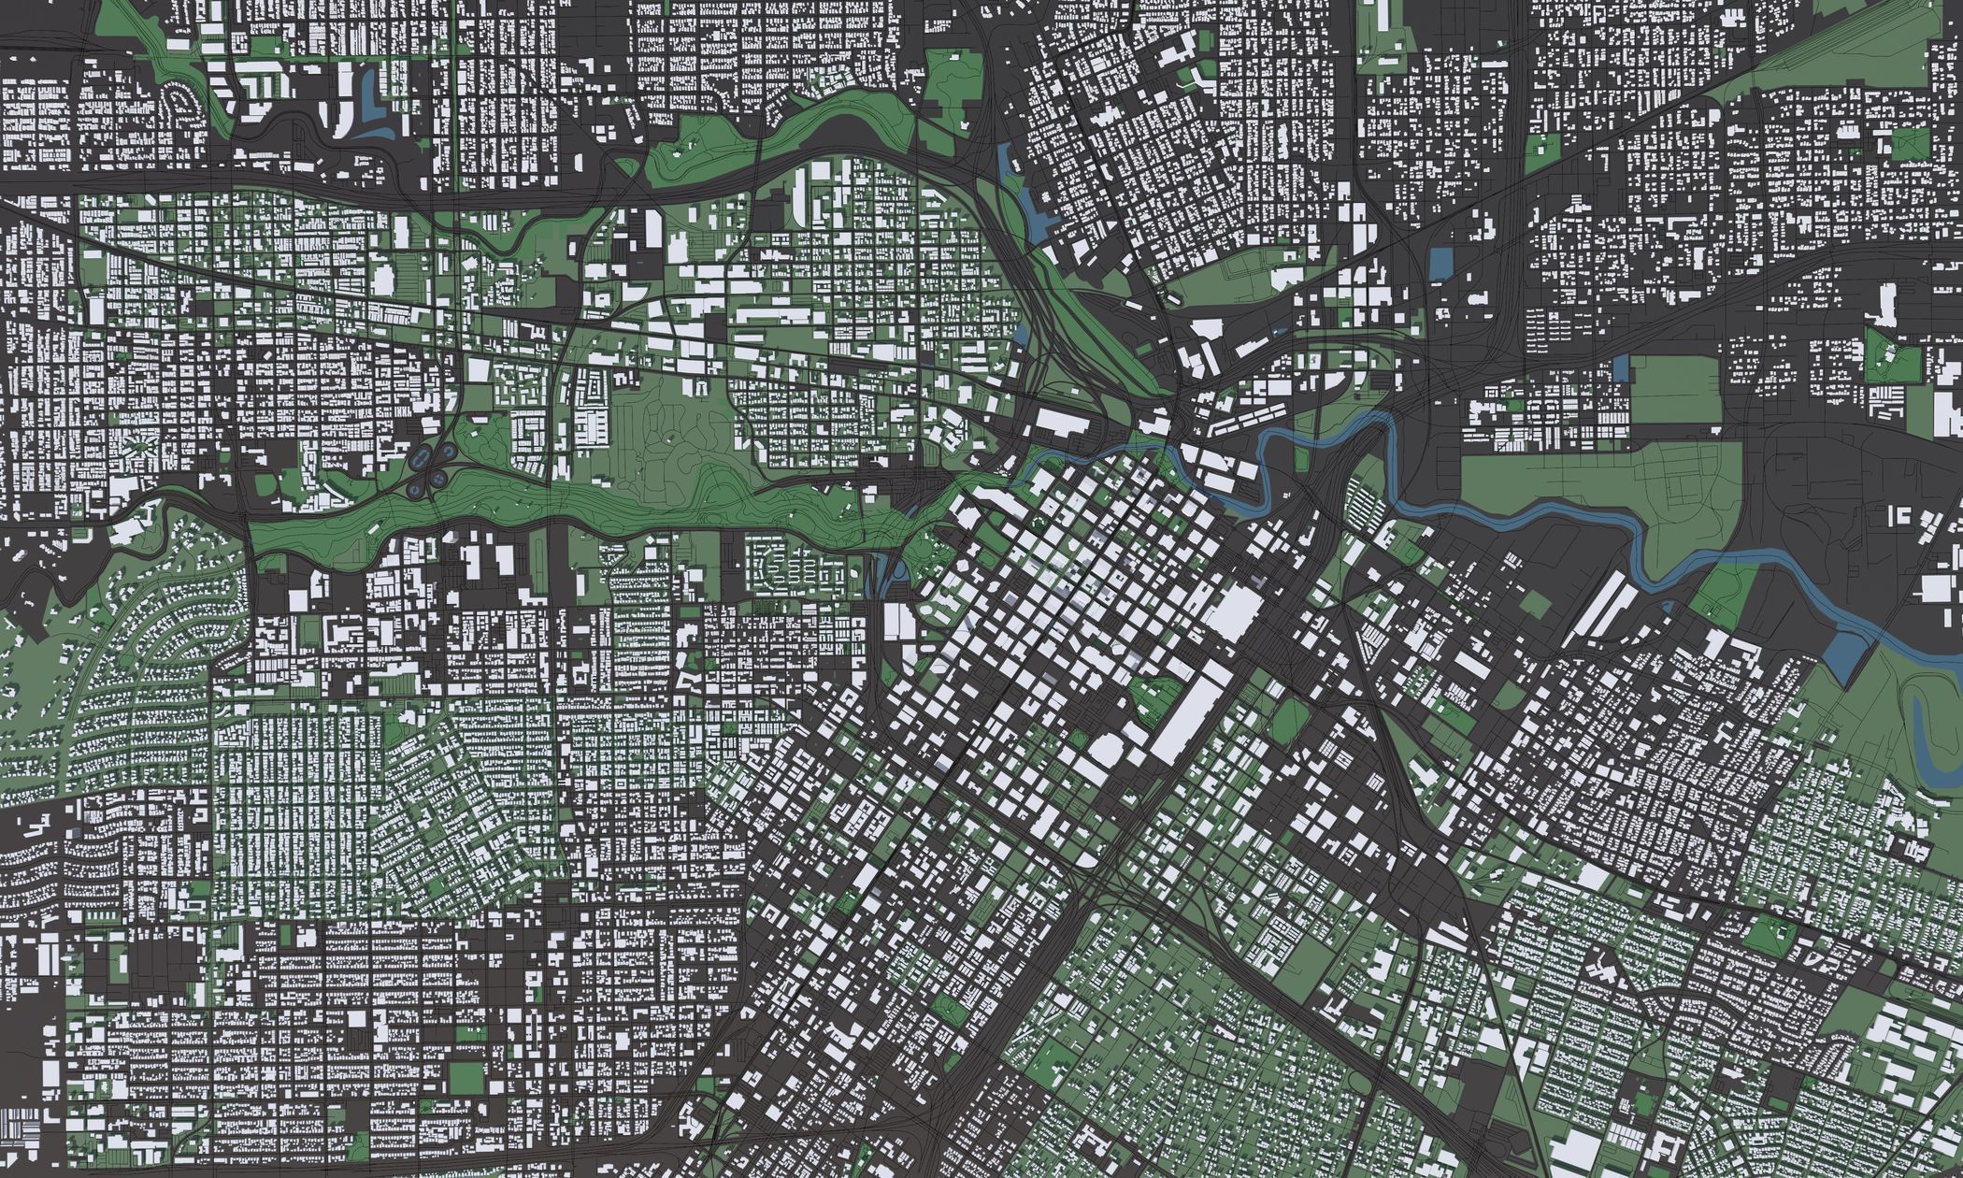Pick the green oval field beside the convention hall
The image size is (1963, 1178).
1290,721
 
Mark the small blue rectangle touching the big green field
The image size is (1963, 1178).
1621,367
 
